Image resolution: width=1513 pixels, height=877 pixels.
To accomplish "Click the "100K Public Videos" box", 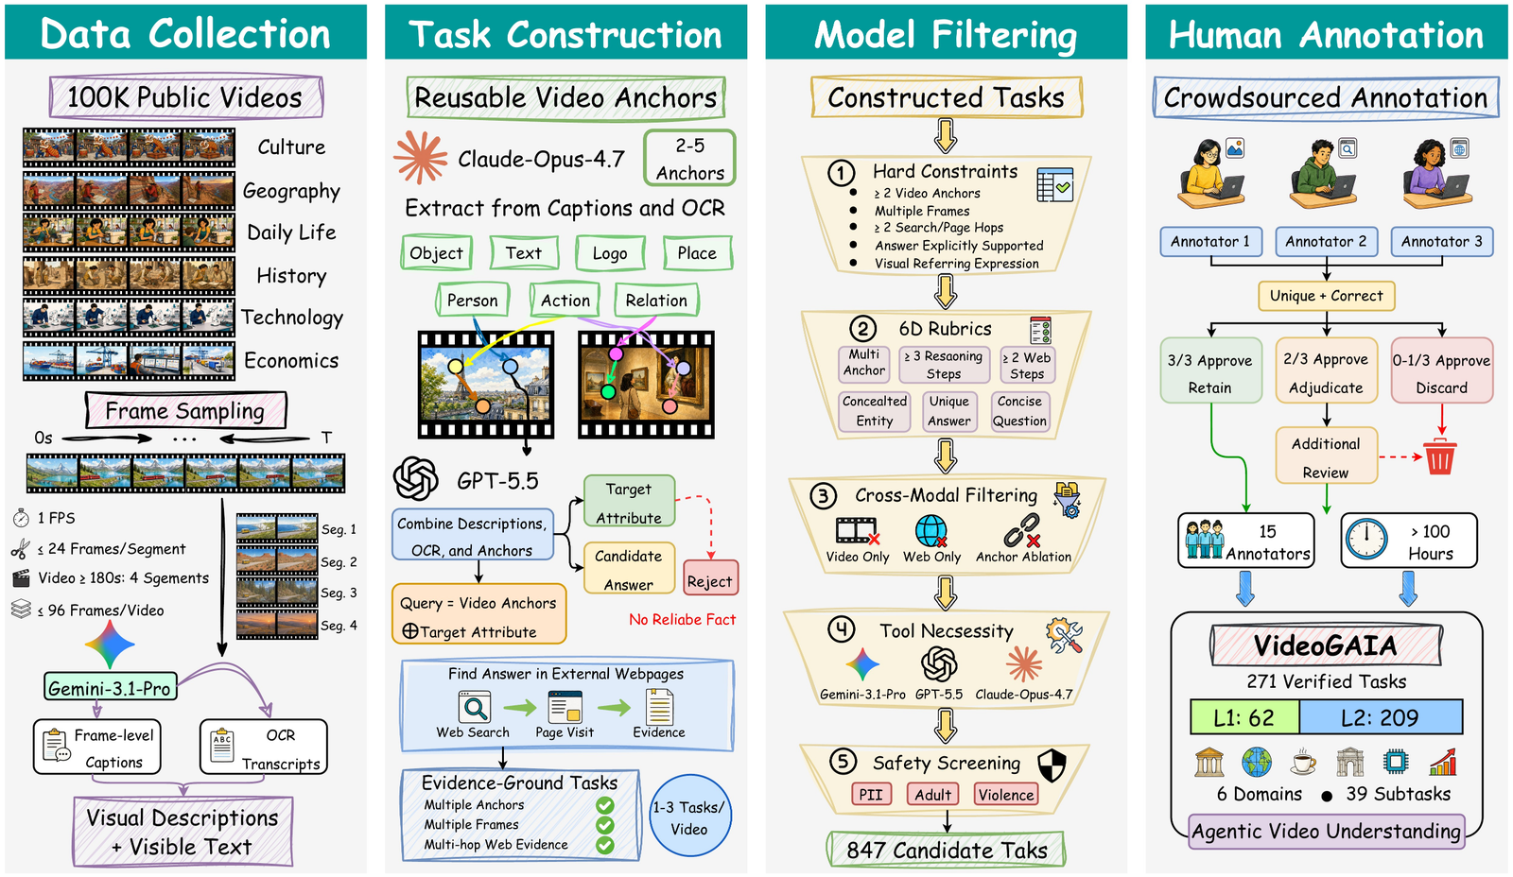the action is pyautogui.click(x=185, y=97).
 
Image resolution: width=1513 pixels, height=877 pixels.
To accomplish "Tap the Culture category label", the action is pyautogui.click(x=291, y=147).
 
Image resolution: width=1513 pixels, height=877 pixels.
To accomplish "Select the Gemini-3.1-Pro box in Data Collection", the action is pyautogui.click(x=110, y=687).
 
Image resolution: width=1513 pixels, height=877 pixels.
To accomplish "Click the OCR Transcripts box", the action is pyautogui.click(x=264, y=747).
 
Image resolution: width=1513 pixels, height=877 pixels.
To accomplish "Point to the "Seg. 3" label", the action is pyautogui.click(x=339, y=593).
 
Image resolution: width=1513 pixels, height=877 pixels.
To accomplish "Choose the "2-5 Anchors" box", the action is pyautogui.click(x=689, y=159).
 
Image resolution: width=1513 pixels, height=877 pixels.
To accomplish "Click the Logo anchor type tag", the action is pyautogui.click(x=610, y=253).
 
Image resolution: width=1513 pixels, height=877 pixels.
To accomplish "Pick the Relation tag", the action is pyautogui.click(x=656, y=300).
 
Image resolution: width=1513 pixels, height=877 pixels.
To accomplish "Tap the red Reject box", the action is pyautogui.click(x=710, y=578).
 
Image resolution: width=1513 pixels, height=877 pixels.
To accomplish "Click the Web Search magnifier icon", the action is pyautogui.click(x=474, y=708).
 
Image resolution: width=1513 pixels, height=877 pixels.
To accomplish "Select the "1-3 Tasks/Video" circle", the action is pyautogui.click(x=689, y=817).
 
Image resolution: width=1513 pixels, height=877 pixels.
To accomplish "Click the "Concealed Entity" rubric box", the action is pyautogui.click(x=875, y=410).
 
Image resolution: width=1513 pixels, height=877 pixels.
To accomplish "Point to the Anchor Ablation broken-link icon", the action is pyautogui.click(x=1022, y=531).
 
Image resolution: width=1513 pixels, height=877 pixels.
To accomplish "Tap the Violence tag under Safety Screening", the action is pyautogui.click(x=1006, y=794).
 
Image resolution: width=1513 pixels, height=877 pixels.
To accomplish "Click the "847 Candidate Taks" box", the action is pyautogui.click(x=946, y=850).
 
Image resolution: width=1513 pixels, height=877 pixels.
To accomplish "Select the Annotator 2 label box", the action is pyautogui.click(x=1325, y=242).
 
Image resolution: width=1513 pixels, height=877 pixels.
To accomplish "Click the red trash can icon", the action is pyautogui.click(x=1439, y=456).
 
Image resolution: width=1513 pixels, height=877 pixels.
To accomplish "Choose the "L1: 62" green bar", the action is pyautogui.click(x=1244, y=717).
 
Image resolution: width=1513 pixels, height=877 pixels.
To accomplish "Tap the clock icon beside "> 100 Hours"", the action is pyautogui.click(x=1365, y=540).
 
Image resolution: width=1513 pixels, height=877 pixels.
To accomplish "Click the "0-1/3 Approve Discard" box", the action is pyautogui.click(x=1441, y=370).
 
